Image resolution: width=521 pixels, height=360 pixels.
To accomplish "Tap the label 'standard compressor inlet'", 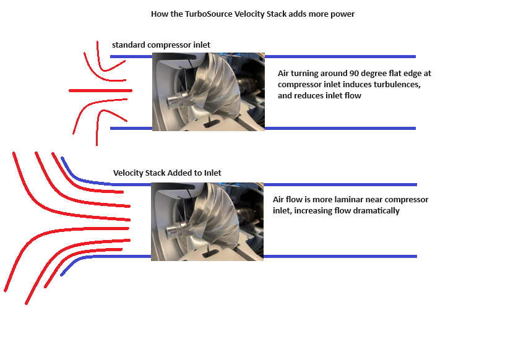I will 161,45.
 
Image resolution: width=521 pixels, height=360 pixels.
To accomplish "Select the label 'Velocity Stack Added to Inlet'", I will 167,173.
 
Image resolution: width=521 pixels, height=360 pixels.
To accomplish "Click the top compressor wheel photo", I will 209,92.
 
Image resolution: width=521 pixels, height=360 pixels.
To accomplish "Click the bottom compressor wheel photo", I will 207,221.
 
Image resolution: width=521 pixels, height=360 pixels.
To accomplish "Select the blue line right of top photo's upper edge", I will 340,56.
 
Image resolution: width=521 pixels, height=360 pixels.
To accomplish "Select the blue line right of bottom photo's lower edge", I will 340,257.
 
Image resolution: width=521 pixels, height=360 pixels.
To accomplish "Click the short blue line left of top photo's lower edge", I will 131,128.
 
